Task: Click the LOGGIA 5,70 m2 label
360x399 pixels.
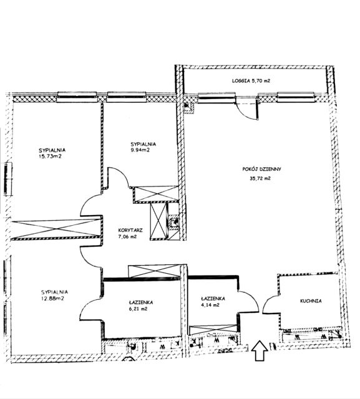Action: click(251, 81)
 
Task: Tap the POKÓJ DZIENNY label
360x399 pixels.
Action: click(261, 169)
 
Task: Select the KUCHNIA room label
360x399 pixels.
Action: click(311, 301)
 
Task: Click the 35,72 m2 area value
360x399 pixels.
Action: click(260, 178)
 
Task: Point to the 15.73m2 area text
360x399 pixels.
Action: click(50, 156)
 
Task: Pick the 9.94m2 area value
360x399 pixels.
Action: click(140, 150)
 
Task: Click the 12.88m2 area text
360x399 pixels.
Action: click(52, 298)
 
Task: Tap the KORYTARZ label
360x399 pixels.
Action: click(130, 231)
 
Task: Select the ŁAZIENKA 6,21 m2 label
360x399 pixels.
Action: click(141, 305)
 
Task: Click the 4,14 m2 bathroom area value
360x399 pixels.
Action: click(210, 305)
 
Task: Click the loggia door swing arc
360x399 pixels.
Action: click(244, 113)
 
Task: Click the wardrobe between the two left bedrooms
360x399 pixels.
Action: click(57, 228)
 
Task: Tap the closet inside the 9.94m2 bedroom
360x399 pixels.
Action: click(156, 194)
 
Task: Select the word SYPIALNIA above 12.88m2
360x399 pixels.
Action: click(54, 292)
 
